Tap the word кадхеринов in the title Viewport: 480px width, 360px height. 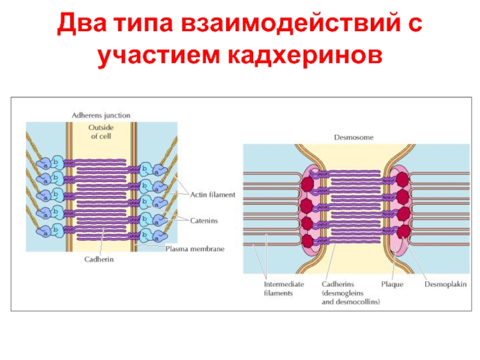pos(304,56)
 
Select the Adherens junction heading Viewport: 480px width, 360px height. pos(101,115)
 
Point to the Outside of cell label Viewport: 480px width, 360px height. pos(101,131)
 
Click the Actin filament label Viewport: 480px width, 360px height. pos(213,194)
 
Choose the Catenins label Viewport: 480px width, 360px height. pos(204,220)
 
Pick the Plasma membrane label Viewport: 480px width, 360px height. pos(195,249)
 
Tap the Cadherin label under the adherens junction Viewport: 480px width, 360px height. pos(99,259)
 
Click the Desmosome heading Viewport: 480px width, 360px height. pos(353,137)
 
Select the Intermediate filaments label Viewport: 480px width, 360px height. pos(284,289)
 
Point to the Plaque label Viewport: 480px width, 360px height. pos(392,284)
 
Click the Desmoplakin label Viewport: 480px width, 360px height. pos(445,284)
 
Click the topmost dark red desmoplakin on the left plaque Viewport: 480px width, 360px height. pos(307,184)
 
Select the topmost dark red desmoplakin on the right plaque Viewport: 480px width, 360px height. pos(402,179)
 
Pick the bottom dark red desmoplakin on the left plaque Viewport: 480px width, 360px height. pos(307,241)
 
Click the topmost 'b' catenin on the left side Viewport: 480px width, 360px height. pos(56,162)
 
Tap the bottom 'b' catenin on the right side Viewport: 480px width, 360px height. pos(145,235)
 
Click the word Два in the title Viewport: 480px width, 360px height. pos(82,23)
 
